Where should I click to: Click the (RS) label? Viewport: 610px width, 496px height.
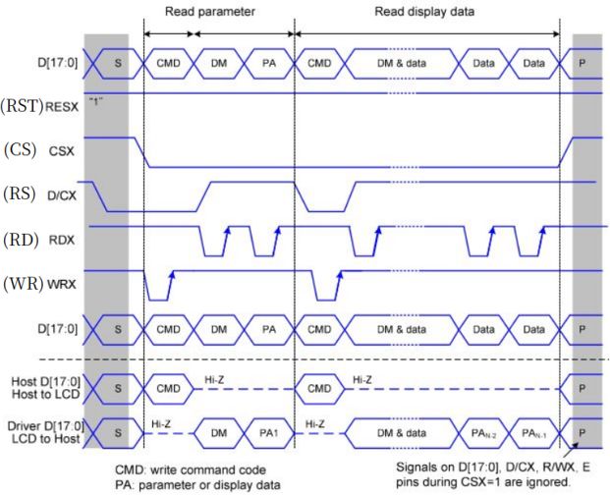click(21, 194)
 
